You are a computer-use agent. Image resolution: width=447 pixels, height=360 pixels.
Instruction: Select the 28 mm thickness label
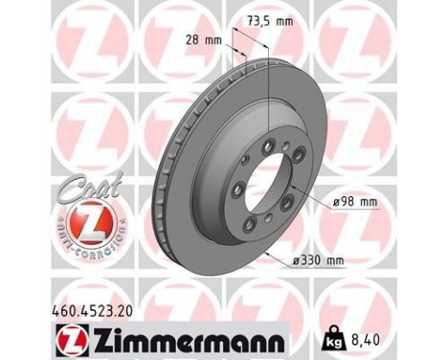[x=202, y=40]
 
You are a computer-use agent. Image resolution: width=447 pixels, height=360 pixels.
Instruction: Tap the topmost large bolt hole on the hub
[x=269, y=147]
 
